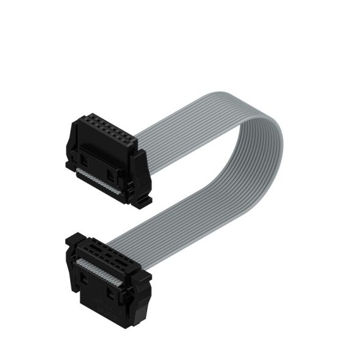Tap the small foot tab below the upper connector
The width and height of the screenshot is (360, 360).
(x=144, y=199)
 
